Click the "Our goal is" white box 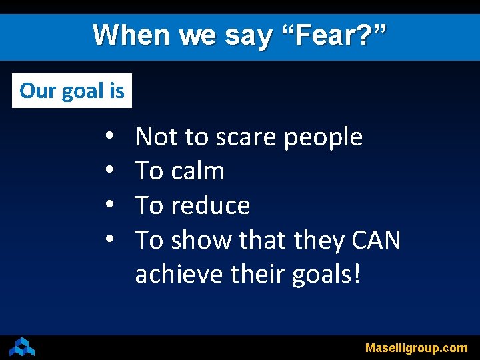point(72,91)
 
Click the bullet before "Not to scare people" point(109,137)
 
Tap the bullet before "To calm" point(109,171)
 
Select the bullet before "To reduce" point(109,206)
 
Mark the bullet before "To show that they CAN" point(109,240)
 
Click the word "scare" point(246,137)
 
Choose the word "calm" point(197,171)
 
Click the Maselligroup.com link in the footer point(416,348)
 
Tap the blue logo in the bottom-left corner point(22,347)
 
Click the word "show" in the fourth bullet point(197,240)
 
